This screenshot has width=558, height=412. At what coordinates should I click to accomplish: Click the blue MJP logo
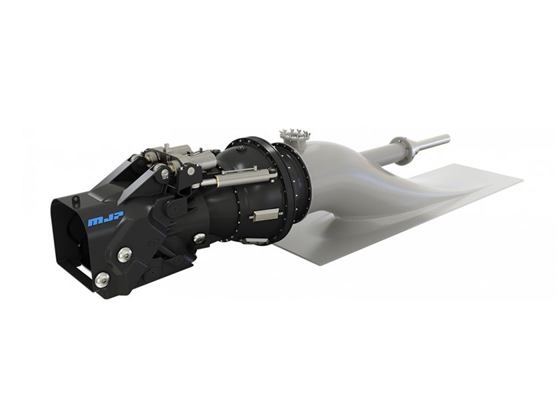[x=105, y=219]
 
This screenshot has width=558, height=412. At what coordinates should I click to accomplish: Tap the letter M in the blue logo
[x=94, y=221]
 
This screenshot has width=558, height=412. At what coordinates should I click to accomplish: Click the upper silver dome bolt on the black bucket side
[x=125, y=254]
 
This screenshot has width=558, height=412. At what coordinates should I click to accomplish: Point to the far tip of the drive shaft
[x=448, y=137]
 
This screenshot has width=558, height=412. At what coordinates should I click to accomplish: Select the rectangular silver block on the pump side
[x=265, y=215]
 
